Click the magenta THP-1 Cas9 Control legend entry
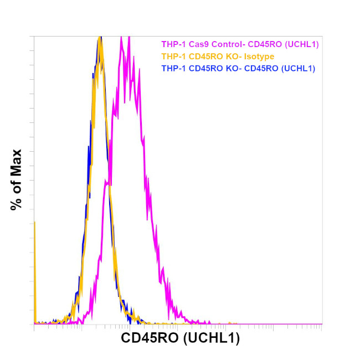(x=240, y=44)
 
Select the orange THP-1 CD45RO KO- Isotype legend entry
(x=218, y=56)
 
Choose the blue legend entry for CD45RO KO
(x=238, y=69)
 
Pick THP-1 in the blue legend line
(x=172, y=69)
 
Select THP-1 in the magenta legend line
(x=172, y=44)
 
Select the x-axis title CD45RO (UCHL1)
(x=180, y=339)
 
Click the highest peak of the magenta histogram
(x=128, y=38)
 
